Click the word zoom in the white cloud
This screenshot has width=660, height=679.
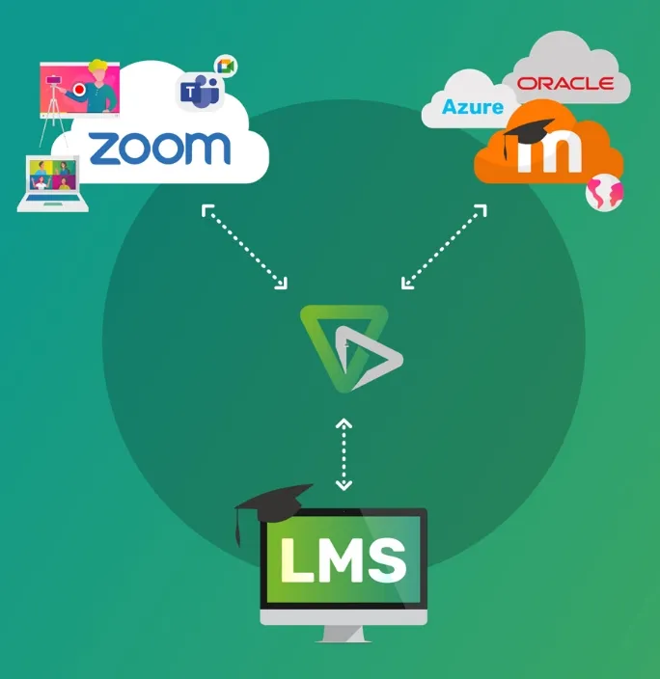click(x=159, y=149)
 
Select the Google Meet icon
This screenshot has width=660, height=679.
click(x=227, y=66)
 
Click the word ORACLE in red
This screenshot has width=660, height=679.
click(x=564, y=84)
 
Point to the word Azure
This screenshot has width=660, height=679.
click(x=473, y=106)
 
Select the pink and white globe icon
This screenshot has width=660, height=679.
click(x=605, y=192)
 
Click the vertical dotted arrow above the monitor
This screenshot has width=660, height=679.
click(x=344, y=453)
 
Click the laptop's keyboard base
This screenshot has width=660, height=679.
click(x=54, y=204)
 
